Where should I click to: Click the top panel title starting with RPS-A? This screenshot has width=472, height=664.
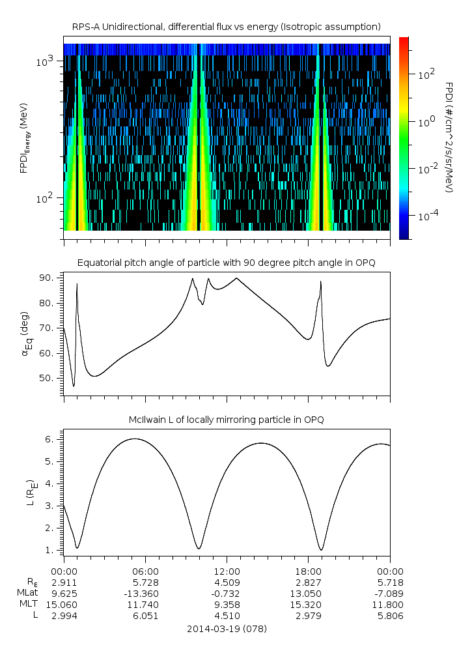pos(226,27)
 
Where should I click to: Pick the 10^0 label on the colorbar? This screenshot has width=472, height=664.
pos(425,121)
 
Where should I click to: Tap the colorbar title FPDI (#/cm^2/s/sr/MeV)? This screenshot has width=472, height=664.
pos(449,137)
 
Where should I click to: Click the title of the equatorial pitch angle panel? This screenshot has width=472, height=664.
pos(226,263)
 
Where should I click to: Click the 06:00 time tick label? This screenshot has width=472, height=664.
pos(145,570)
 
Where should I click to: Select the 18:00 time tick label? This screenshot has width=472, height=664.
pos(308,570)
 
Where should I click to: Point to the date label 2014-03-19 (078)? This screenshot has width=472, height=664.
pos(227,629)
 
